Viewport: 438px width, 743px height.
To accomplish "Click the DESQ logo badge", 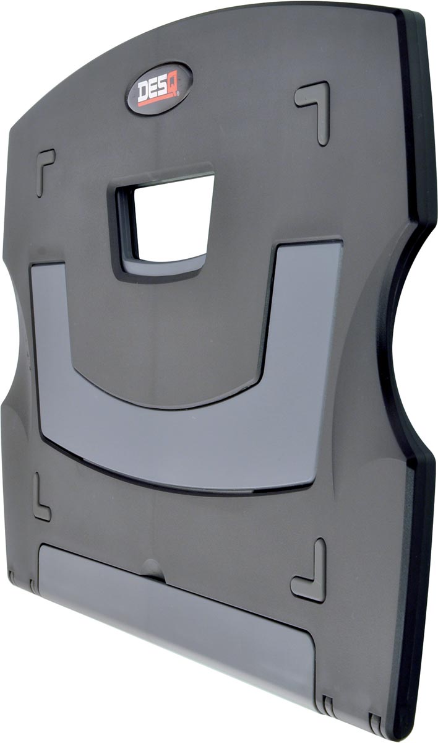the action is click(159, 88).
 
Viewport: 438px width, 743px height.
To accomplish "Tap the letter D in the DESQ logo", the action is click(144, 92).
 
